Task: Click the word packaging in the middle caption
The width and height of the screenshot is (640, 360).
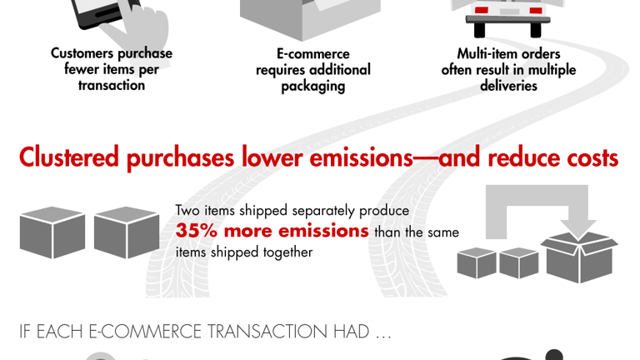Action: (312, 86)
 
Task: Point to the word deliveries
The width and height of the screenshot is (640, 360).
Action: (508, 86)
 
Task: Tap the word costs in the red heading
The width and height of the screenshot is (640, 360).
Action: (587, 157)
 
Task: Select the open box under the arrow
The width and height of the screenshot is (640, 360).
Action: (579, 257)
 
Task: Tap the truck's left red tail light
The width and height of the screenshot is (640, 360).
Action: (482, 11)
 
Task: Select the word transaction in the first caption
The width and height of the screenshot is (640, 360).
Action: (112, 85)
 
